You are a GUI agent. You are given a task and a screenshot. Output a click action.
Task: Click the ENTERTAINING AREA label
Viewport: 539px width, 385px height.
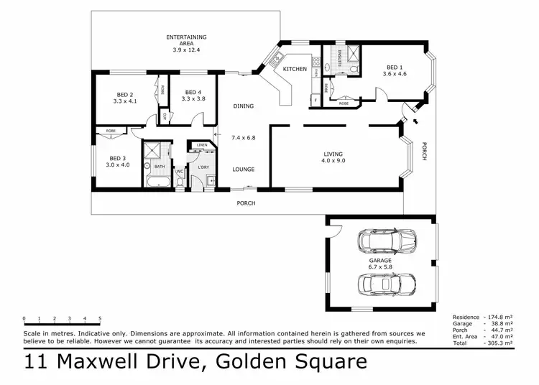click(186, 37)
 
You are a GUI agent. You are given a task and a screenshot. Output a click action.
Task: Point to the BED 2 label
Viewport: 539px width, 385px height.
click(125, 94)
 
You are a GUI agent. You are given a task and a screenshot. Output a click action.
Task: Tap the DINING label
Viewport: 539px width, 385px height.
click(243, 106)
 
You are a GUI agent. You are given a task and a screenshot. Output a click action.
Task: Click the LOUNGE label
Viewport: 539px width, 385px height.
click(243, 170)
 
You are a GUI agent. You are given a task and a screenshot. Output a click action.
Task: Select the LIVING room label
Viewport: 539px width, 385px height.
click(333, 154)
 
